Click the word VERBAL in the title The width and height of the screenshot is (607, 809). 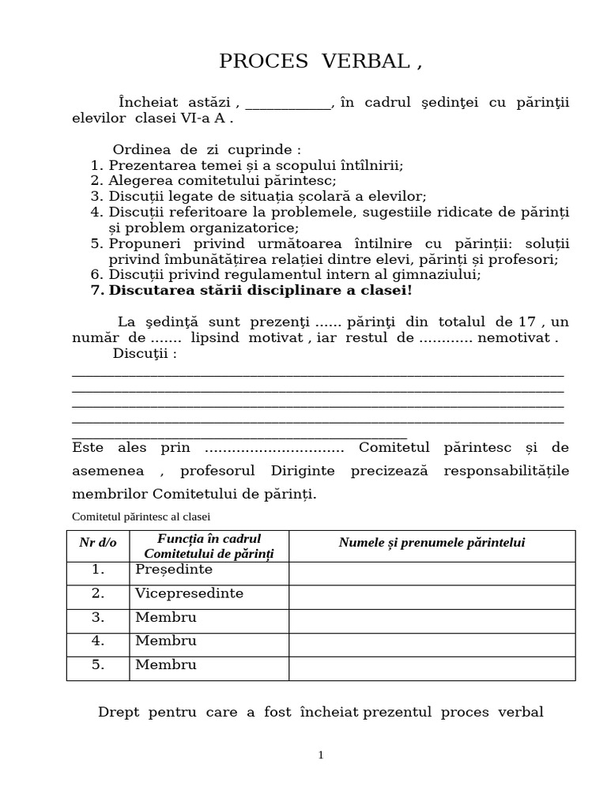click(365, 62)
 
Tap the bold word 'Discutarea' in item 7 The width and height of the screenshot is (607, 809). click(151, 290)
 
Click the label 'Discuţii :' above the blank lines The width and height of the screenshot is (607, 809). click(145, 353)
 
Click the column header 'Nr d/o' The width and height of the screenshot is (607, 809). click(98, 543)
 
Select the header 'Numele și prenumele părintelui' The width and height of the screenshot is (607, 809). click(432, 543)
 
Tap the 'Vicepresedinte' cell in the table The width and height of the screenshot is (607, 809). click(189, 593)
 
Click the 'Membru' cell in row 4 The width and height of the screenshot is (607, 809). click(165, 641)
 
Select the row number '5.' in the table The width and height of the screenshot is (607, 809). click(98, 664)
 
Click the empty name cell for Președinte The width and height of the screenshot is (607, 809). click(432, 573)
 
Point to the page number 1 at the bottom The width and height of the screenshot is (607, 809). click(320, 755)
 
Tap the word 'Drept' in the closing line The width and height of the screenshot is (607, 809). click(118, 713)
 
